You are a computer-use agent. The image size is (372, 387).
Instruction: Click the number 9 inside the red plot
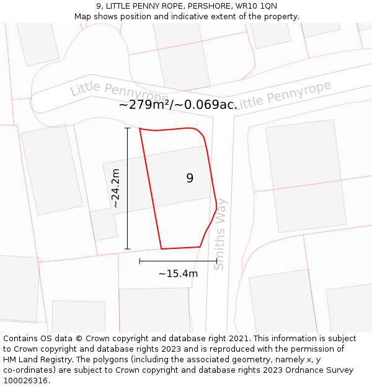(x=190, y=178)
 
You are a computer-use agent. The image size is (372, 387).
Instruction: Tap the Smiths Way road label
(x=220, y=234)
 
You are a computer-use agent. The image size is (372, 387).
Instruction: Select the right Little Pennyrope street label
(x=283, y=94)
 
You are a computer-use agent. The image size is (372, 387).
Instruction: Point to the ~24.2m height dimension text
(x=115, y=188)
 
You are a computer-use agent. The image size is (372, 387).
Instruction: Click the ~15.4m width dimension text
(x=178, y=274)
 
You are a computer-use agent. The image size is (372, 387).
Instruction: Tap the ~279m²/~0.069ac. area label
(x=178, y=105)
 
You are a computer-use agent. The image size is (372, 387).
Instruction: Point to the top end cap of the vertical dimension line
(x=127, y=128)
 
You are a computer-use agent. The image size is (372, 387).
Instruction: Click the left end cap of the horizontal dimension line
(x=139, y=261)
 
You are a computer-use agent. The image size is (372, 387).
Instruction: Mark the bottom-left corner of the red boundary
(x=162, y=249)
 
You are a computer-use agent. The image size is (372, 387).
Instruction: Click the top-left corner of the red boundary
(x=139, y=129)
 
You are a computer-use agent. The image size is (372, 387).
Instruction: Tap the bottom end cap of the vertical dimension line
(x=127, y=249)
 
